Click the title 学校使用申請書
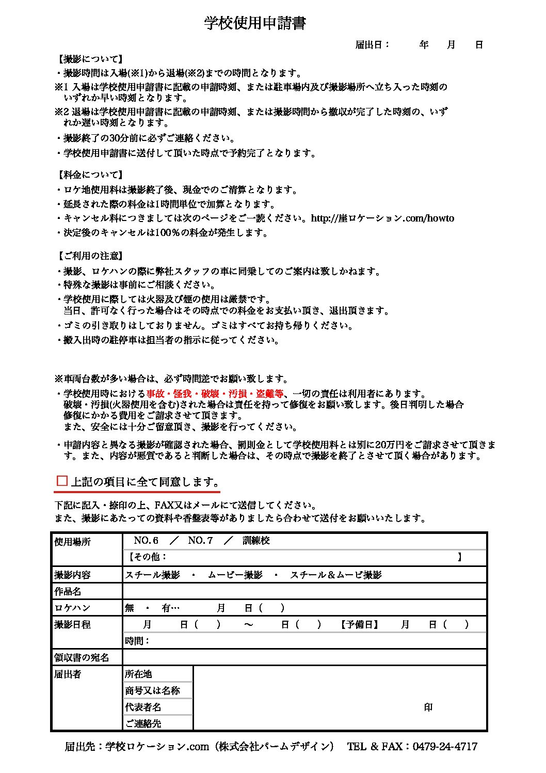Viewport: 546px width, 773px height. pos(255,23)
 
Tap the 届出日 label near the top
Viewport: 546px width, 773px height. pos(372,45)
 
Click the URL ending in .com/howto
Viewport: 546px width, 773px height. pos(382,218)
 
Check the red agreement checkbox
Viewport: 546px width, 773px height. pos(62,481)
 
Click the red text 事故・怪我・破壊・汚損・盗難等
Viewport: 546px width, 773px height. pos(215,394)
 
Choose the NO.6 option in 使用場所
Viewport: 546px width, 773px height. pos(146,541)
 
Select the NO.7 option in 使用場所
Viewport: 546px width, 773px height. pos(200,541)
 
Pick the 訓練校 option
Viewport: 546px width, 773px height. pos(256,541)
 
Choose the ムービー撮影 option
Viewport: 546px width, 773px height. pos(235,575)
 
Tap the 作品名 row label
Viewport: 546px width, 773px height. pos(68,591)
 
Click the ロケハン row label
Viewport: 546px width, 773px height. pos(72,608)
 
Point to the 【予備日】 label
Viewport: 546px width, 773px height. pos(360,624)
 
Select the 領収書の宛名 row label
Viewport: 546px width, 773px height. pos(82,657)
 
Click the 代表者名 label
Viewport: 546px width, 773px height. pos(143,707)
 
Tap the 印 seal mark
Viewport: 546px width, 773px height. pos(428,707)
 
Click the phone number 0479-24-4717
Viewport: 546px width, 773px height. pos(445,747)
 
